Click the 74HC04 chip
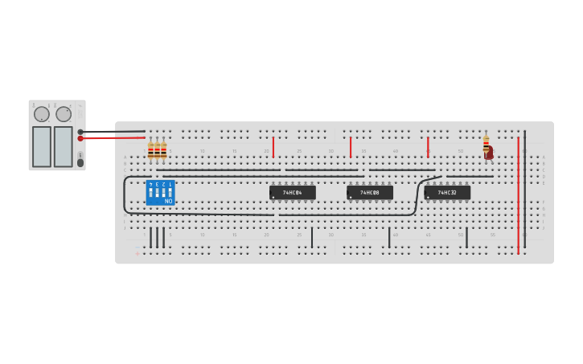pyautogui.click(x=293, y=193)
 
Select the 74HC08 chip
pyautogui.click(x=370, y=193)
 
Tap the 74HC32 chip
pyautogui.click(x=447, y=193)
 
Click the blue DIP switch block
pyautogui.click(x=160, y=193)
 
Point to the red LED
pyautogui.click(x=489, y=153)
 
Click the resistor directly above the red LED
pyautogui.click(x=486, y=142)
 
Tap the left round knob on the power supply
pyautogui.click(x=42, y=114)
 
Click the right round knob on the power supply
pyautogui.click(x=64, y=114)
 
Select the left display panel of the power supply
pyautogui.click(x=42, y=146)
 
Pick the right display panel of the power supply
pyautogui.click(x=63, y=146)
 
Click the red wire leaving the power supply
pyautogui.click(x=113, y=137)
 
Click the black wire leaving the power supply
pyautogui.click(x=113, y=131)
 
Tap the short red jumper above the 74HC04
pyautogui.click(x=273, y=147)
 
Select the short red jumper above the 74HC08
pyautogui.click(x=351, y=147)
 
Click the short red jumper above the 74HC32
pyautogui.click(x=428, y=147)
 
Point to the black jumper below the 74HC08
pyautogui.click(x=389, y=238)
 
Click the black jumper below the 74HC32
pyautogui.click(x=466, y=238)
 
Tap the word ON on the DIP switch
pyautogui.click(x=169, y=201)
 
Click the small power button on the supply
pyautogui.click(x=80, y=162)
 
